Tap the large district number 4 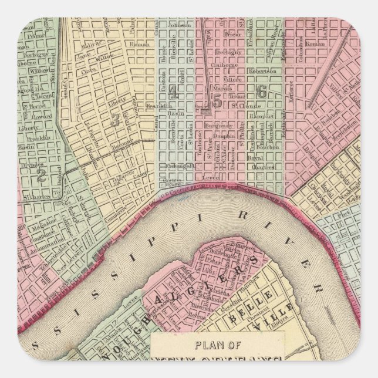coord(173,92)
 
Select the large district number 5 coord(218,101)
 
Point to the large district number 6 coord(262,91)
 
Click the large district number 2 coord(41,174)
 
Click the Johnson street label coord(180,26)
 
